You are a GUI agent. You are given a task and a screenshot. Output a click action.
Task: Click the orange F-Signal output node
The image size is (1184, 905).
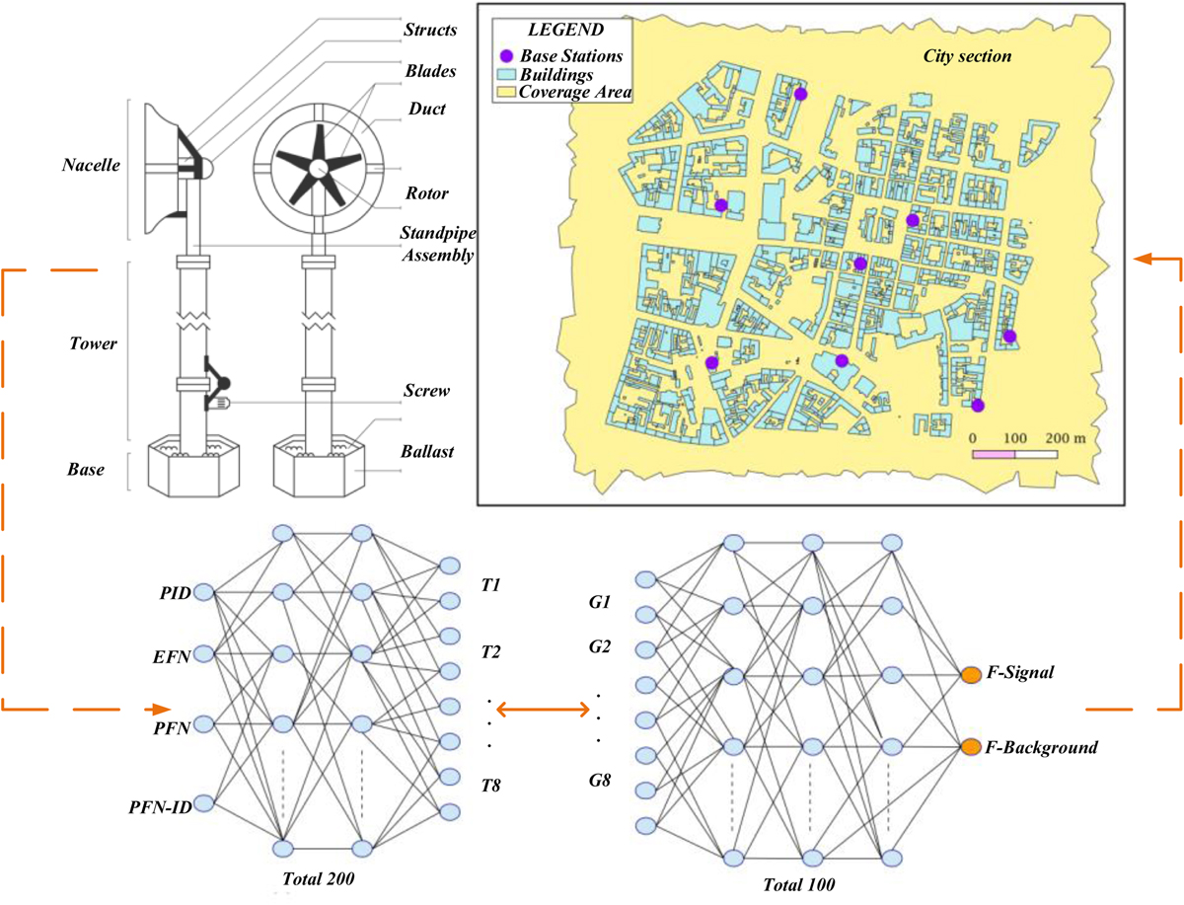tap(971, 675)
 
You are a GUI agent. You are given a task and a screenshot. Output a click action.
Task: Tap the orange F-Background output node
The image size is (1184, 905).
tap(971, 746)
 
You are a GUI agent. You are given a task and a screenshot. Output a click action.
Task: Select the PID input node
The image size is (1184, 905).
tap(203, 592)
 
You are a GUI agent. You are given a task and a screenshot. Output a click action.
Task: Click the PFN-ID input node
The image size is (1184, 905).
tap(203, 803)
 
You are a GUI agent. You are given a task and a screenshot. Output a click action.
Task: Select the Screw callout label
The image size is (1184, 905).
tap(426, 391)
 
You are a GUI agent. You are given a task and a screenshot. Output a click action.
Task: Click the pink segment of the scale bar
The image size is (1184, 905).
tap(994, 455)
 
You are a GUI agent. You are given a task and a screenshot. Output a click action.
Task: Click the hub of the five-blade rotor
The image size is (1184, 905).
tap(316, 169)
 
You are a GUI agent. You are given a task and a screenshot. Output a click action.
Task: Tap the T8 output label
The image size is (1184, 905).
tap(490, 787)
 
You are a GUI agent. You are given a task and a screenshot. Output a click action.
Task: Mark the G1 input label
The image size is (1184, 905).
tap(599, 602)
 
